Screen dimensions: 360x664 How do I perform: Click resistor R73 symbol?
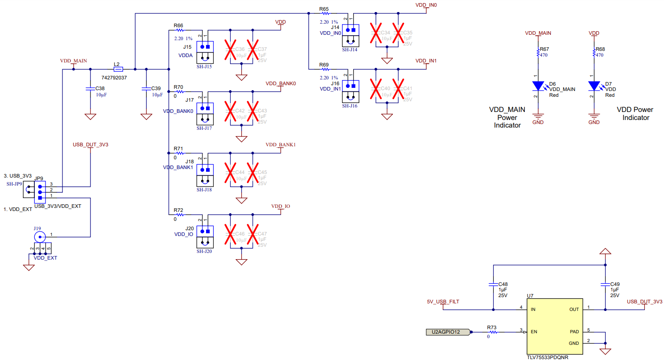492,332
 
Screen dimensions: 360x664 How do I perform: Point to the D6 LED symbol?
539,85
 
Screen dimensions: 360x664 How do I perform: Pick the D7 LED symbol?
594,85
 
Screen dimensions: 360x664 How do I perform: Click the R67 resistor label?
544,49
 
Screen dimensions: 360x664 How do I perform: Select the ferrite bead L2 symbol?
118,69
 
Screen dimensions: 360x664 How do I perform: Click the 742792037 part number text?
114,78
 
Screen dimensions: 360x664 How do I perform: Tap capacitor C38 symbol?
91,89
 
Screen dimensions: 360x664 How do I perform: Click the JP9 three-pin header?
40,192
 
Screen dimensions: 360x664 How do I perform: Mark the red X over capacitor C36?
230,50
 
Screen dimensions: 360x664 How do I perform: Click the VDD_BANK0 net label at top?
281,83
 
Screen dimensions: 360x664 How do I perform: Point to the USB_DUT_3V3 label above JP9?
91,145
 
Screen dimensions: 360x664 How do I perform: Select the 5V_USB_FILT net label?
443,302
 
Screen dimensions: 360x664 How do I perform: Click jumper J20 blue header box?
205,231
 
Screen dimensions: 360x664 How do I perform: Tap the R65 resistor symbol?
324,14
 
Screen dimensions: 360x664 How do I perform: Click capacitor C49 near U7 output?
605,284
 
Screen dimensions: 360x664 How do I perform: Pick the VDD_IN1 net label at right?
426,61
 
